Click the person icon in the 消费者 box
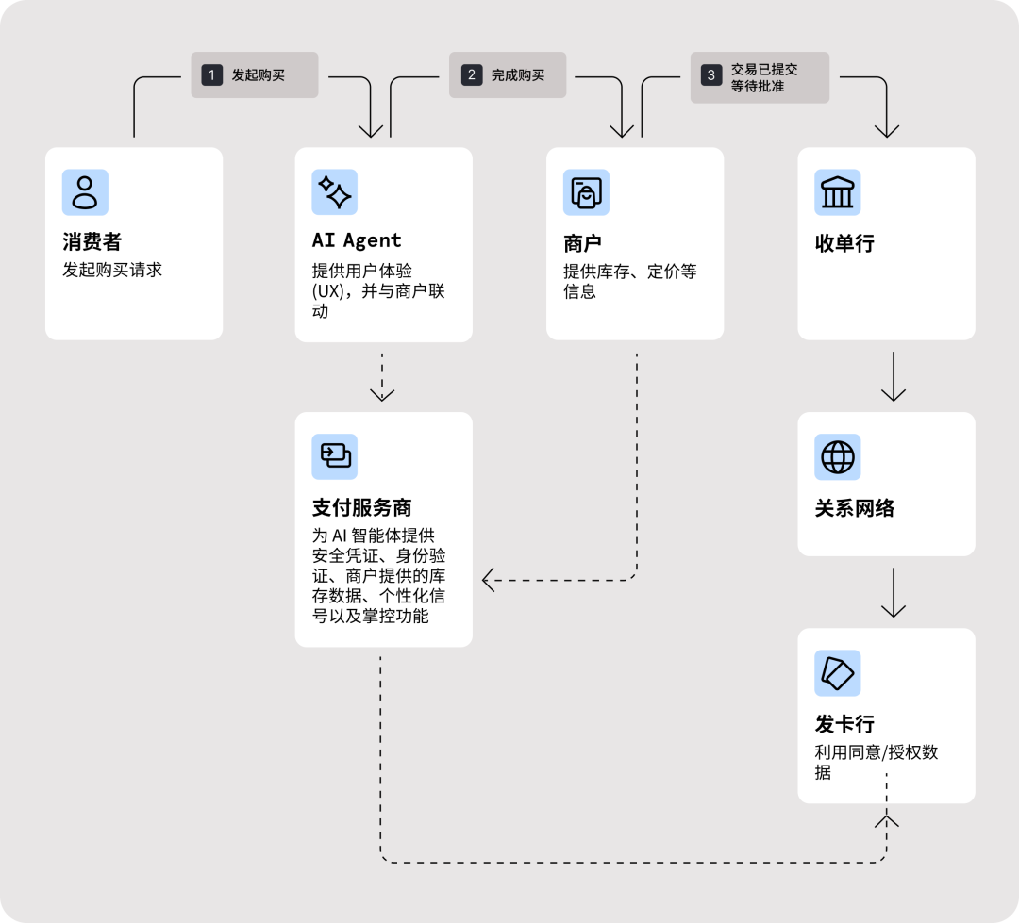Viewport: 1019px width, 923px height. pyautogui.click(x=85, y=192)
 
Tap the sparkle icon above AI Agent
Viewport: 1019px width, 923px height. pyautogui.click(x=335, y=192)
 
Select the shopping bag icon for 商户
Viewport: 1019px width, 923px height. pyautogui.click(x=586, y=192)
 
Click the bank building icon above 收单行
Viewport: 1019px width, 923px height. pyautogui.click(x=838, y=192)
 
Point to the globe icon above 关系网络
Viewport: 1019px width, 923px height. pyautogui.click(x=838, y=457)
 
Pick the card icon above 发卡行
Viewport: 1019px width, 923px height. pyautogui.click(x=838, y=673)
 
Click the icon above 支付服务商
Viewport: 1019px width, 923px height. pyautogui.click(x=335, y=457)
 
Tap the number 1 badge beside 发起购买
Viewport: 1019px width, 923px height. pyautogui.click(x=211, y=74)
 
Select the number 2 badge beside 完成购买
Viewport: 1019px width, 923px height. pyautogui.click(x=471, y=74)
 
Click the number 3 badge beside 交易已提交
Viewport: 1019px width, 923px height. pyautogui.click(x=710, y=74)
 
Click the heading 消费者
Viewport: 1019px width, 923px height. pyautogui.click(x=92, y=243)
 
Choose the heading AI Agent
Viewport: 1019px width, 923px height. pyautogui.click(x=357, y=241)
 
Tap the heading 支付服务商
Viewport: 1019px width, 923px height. pyautogui.click(x=361, y=508)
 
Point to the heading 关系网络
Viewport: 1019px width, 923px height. pyautogui.click(x=854, y=508)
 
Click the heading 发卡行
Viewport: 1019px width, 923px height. pyautogui.click(x=844, y=724)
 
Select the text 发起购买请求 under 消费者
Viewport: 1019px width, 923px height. pyautogui.click(x=112, y=270)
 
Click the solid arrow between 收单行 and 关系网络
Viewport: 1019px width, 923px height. pyautogui.click(x=893, y=376)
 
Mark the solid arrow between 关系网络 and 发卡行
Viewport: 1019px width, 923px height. pyautogui.click(x=893, y=592)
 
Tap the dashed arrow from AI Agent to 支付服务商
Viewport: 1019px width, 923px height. pyautogui.click(x=382, y=376)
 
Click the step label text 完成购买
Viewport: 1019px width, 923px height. pyautogui.click(x=518, y=74)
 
